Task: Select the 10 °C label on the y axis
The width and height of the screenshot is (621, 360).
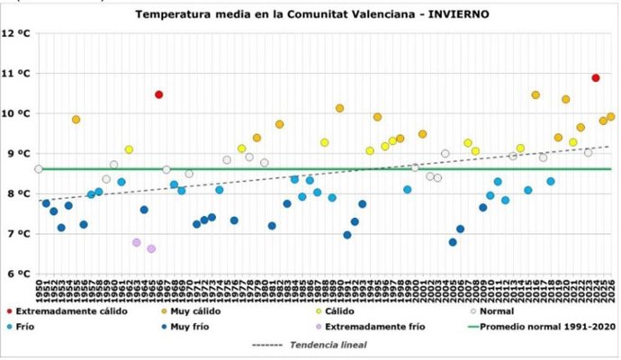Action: point(17,113)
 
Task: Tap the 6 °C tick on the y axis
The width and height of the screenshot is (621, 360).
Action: point(17,274)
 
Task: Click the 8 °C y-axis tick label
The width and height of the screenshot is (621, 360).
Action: point(17,193)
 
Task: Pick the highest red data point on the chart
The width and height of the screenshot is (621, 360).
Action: point(595,78)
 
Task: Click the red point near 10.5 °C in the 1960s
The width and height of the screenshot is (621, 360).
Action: point(158,94)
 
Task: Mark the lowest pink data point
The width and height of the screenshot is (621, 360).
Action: point(151,248)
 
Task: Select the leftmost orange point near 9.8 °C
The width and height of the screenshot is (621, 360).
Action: point(76,120)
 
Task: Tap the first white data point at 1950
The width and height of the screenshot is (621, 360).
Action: point(39,169)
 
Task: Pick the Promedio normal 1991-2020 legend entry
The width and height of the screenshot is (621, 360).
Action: point(544,328)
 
